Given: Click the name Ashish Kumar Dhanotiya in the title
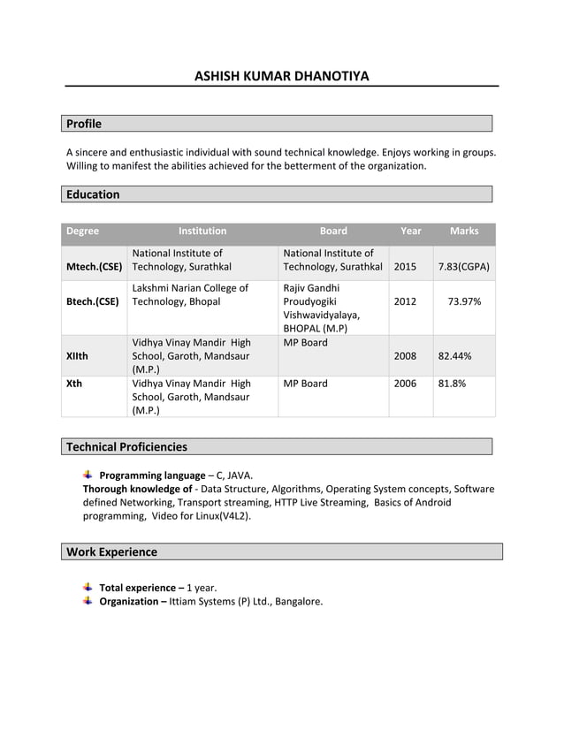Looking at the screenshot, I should click(281, 76).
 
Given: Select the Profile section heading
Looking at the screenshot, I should click(84, 124).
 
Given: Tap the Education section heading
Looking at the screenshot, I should click(93, 194).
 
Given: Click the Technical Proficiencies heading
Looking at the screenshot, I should click(126, 446).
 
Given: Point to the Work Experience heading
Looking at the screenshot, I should click(111, 551).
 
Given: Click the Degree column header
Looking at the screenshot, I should click(83, 232).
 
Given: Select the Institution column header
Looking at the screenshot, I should click(202, 232).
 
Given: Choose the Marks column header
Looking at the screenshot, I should click(463, 232).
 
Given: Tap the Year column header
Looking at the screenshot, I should click(410, 232).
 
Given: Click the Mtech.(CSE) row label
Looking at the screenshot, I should click(94, 267).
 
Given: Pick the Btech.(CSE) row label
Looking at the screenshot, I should click(93, 301).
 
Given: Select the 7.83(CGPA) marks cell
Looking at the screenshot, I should click(463, 267).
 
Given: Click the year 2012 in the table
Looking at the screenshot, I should click(405, 301).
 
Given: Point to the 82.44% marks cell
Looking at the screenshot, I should click(454, 356).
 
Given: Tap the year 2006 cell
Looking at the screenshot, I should click(405, 384).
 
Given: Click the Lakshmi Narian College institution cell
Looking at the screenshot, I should click(190, 294).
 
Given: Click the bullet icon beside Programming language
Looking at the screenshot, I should click(88, 475).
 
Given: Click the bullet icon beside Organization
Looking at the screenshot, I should click(88, 601).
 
